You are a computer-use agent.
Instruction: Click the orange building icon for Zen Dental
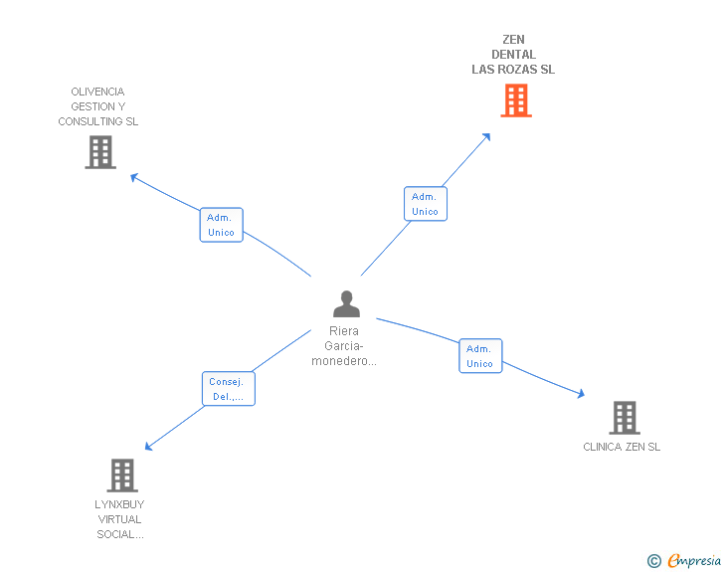(x=515, y=100)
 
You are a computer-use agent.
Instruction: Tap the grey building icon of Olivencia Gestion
(x=100, y=152)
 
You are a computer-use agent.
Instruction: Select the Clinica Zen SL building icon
(x=624, y=418)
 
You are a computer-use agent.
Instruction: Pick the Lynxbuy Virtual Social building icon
(x=121, y=476)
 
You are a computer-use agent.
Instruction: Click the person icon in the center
(x=346, y=303)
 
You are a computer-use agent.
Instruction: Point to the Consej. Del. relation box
(x=229, y=389)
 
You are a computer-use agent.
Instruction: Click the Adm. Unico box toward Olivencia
(x=221, y=225)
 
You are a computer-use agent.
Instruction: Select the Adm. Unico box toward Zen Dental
(x=425, y=204)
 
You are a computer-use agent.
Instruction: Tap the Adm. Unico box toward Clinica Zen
(x=479, y=356)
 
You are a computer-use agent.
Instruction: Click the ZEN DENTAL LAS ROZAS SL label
(x=513, y=55)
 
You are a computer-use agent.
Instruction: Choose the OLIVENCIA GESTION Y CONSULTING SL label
(x=98, y=106)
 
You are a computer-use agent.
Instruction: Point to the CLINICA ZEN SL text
(x=622, y=448)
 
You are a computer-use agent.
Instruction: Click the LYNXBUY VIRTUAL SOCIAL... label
(x=119, y=519)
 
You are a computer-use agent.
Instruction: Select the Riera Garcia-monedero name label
(x=344, y=346)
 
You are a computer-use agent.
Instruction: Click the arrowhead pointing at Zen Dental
(x=486, y=137)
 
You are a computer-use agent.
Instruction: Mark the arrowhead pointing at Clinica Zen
(x=580, y=395)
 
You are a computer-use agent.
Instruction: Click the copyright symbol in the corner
(x=653, y=561)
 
